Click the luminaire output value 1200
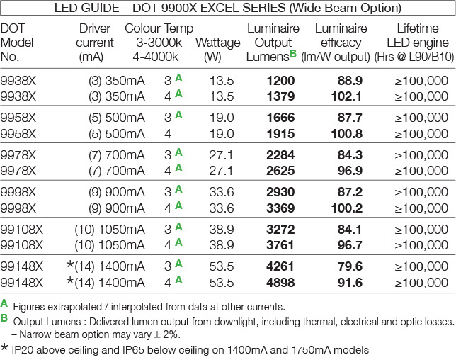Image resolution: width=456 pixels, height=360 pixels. point(280,81)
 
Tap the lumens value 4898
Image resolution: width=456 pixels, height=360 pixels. point(280,281)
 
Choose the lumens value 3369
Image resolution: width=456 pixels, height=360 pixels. point(280,207)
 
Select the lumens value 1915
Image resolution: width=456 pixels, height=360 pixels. point(280,133)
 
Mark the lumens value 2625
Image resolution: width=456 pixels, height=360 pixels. point(280,170)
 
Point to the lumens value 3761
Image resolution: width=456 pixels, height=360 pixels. point(280,244)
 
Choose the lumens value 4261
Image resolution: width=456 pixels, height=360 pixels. point(280,267)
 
